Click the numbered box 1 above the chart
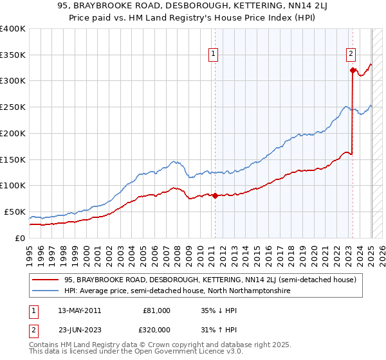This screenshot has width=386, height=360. pyautogui.click(x=213, y=55)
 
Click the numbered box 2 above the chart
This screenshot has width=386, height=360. pyautogui.click(x=351, y=55)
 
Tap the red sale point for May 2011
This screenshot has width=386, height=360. pyautogui.click(x=215, y=195)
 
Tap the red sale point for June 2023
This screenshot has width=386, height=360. pyautogui.click(x=353, y=70)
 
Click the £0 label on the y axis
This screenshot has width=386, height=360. pyautogui.click(x=20, y=238)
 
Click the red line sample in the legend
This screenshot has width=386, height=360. pyautogui.click(x=46, y=280)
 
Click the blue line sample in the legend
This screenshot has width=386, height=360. pyautogui.click(x=46, y=291)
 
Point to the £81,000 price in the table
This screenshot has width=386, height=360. pyautogui.click(x=156, y=310)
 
